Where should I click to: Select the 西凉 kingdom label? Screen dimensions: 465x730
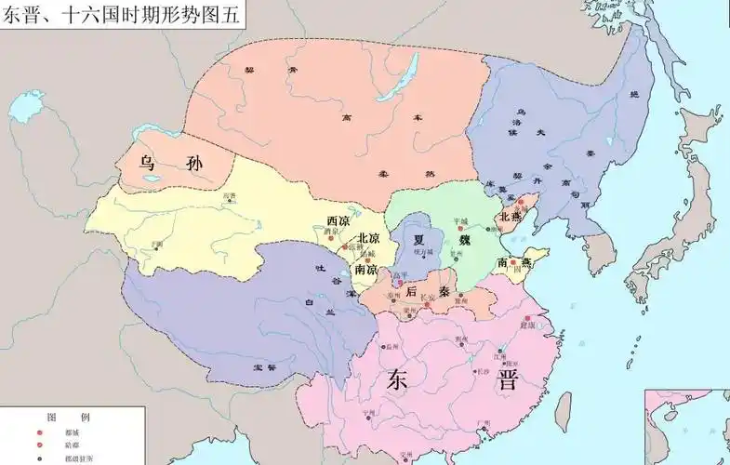coord(338,221)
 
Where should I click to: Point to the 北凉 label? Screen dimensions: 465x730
coord(368,237)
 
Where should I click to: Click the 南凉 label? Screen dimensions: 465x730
coord(365,269)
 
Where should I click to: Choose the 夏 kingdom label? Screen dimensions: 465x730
coord(418,238)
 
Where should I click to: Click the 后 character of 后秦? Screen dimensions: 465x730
coord(411,291)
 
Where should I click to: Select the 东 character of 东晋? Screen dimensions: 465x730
coord(398,380)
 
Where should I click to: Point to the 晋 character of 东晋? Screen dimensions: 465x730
coord(507,379)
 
